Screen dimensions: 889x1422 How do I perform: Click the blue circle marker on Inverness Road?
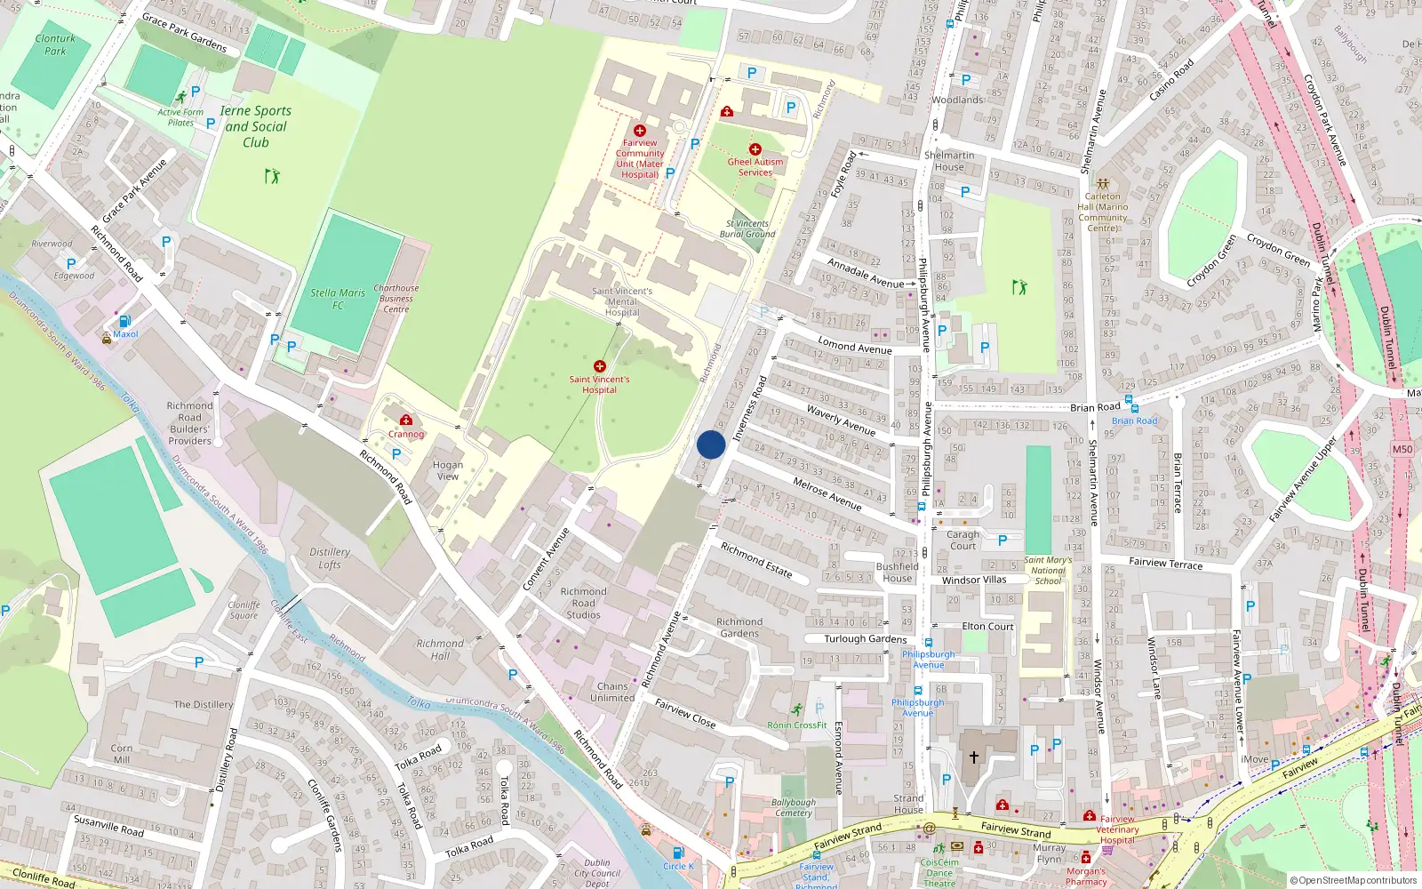click(x=711, y=444)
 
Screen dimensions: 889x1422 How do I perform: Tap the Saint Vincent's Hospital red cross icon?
click(x=600, y=366)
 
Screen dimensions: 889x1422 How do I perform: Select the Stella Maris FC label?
click(x=338, y=299)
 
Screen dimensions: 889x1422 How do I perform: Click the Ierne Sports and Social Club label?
click(x=256, y=126)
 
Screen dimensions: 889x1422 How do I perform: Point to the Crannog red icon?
click(x=406, y=420)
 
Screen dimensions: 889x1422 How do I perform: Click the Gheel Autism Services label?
click(x=755, y=167)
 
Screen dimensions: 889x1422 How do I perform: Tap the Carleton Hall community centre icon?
click(x=1103, y=183)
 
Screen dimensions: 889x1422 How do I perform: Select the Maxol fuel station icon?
click(x=124, y=321)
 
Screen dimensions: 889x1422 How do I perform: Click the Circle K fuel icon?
click(x=678, y=853)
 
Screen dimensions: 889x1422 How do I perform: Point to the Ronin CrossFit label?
click(x=797, y=725)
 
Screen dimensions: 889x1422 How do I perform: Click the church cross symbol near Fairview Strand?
click(x=974, y=757)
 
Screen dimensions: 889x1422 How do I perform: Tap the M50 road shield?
click(x=1402, y=449)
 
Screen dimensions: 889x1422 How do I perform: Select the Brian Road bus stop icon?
click(x=1128, y=400)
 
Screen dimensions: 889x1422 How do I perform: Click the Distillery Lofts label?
click(x=330, y=558)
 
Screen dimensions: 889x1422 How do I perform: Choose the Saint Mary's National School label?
click(x=1048, y=570)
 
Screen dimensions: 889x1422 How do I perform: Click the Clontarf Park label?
click(x=55, y=44)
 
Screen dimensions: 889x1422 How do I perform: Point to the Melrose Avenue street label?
click(x=827, y=493)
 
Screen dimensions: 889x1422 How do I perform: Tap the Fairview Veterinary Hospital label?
click(x=1117, y=829)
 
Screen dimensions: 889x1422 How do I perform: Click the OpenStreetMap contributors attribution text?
click(x=1353, y=880)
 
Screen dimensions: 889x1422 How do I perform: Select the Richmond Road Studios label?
click(x=584, y=603)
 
